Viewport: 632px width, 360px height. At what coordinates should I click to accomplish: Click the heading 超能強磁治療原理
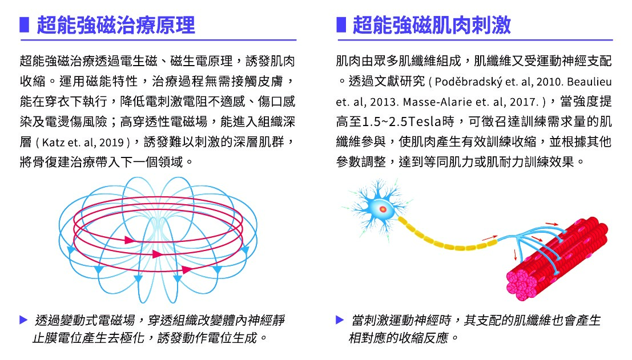(116, 25)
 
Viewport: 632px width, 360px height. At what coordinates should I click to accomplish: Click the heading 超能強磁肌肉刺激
(432, 25)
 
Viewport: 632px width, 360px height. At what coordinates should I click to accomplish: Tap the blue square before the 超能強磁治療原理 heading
(24, 25)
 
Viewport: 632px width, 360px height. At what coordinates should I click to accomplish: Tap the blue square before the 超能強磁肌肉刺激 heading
(341, 25)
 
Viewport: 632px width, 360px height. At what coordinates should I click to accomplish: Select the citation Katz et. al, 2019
(83, 142)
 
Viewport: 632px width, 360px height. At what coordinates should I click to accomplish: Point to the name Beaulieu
(589, 82)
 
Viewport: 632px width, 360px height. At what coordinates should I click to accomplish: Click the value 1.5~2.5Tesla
(408, 122)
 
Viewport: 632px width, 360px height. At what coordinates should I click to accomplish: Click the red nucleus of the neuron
(383, 209)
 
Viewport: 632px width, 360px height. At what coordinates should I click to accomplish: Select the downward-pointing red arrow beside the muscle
(515, 255)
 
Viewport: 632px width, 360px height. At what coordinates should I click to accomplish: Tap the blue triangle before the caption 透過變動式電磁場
(23, 320)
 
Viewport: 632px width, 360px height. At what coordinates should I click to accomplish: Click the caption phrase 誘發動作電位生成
(207, 337)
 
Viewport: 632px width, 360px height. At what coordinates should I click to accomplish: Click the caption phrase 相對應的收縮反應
(398, 337)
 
